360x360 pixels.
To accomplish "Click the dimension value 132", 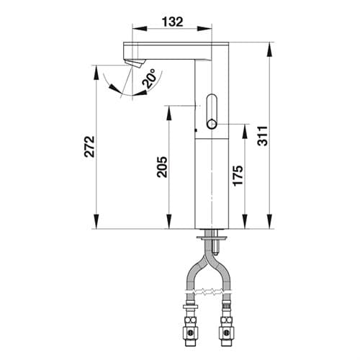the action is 172,22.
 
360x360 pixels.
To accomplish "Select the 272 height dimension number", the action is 89,147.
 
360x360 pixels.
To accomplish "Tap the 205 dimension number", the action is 162,167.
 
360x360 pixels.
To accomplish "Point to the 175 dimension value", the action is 238,176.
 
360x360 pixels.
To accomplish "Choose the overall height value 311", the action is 262,135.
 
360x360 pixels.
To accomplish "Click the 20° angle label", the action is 149,78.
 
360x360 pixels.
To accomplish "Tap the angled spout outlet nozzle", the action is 135,63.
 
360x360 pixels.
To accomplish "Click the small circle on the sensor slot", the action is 212,125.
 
